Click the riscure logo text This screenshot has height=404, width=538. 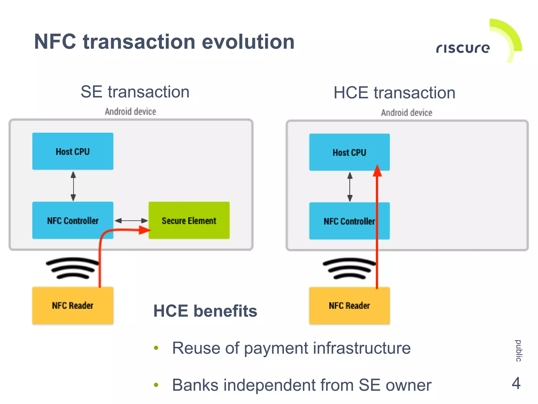pos(463,48)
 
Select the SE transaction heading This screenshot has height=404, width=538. pos(135,92)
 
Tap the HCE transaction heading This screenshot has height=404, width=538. pos(394,93)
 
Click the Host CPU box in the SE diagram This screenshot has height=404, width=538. pos(73,151)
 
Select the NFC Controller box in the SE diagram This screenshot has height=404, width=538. pos(73,220)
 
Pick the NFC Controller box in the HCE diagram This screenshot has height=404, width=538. pos(342,221)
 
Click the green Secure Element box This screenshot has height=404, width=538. pos(189,220)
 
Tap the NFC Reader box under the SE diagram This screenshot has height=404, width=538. pos(73,305)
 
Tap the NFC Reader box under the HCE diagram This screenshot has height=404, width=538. pos(349,306)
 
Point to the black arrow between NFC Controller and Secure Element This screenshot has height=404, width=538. pos(131,221)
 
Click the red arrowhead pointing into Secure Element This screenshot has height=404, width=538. pos(144,230)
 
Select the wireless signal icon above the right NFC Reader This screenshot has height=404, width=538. pos(349,268)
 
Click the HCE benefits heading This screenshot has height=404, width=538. pos(205,311)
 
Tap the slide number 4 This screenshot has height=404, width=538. pos(516,383)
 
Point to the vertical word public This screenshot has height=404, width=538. pos(518,351)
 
